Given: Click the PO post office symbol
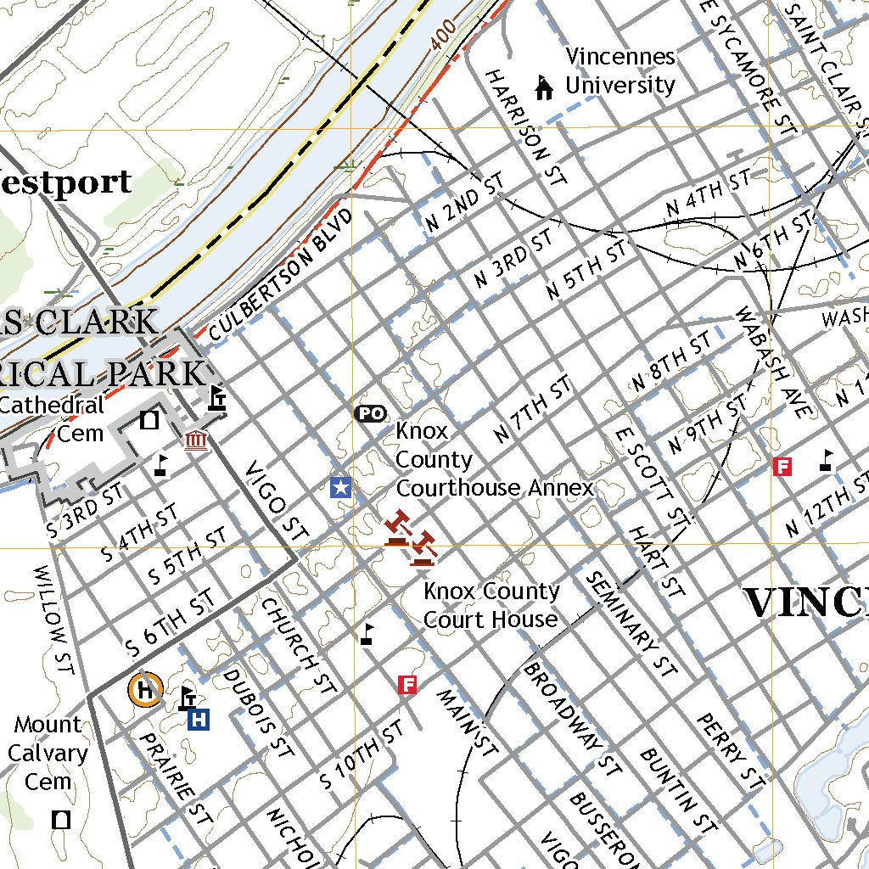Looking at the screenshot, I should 369,413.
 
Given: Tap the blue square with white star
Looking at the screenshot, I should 340,487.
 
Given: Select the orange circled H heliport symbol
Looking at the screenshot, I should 145,690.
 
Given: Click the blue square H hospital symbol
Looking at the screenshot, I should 199,720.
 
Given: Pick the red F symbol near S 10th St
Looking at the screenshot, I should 407,684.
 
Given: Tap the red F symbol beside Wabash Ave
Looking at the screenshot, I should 782,465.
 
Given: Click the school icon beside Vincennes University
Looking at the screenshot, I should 543,87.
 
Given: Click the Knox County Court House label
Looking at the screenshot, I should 491,605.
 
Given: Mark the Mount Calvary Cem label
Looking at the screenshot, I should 48,753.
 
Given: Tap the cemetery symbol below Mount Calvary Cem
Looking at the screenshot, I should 61,819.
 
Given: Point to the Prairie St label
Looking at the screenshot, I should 175,779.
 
